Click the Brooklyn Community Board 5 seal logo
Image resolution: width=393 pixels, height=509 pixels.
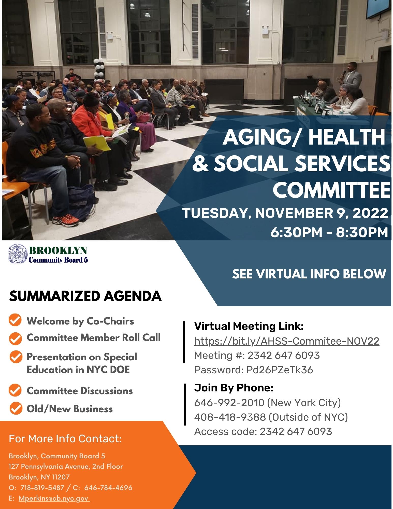click(18, 254)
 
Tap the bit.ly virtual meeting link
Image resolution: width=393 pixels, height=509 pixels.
click(287, 341)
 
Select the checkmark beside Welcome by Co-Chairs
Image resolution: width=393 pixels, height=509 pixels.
click(15, 320)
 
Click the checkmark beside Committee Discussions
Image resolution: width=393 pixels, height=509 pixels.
click(15, 390)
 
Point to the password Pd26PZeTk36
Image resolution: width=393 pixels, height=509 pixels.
click(280, 370)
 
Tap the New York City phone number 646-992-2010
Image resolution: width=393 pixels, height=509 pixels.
click(229, 403)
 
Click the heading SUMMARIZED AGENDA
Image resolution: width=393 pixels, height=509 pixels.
click(85, 296)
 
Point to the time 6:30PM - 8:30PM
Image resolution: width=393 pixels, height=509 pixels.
click(329, 232)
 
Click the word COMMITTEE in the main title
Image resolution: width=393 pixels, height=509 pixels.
click(331, 190)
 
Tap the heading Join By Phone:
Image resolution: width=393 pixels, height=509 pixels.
click(234, 388)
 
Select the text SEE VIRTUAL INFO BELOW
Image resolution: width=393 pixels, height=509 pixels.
click(309, 274)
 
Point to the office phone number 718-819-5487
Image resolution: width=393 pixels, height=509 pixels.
click(42, 488)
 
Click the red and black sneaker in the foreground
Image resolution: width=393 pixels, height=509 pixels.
click(65, 220)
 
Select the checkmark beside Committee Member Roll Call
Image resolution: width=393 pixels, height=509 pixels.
click(16, 338)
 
